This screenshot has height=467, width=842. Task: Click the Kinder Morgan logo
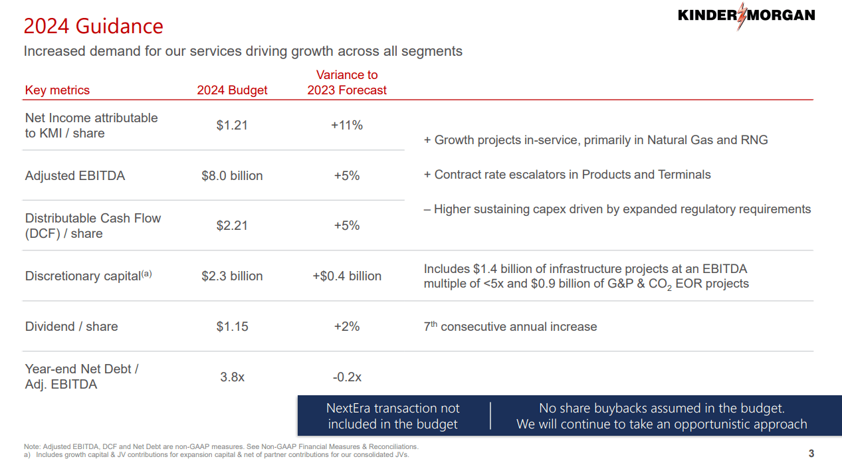[x=746, y=16]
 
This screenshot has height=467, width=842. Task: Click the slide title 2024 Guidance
[x=93, y=26]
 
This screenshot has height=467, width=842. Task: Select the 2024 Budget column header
[x=232, y=90]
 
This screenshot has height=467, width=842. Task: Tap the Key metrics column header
[x=57, y=90]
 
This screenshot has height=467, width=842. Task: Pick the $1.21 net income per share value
[x=232, y=125]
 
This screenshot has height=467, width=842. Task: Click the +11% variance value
[x=346, y=125]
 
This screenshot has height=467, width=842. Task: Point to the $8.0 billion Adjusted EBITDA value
[x=232, y=175]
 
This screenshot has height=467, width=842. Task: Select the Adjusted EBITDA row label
[x=75, y=175]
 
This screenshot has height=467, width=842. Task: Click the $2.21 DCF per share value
[x=232, y=226]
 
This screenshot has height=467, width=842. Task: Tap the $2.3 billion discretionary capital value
[x=232, y=276]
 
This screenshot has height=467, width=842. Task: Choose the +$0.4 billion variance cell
[x=346, y=276]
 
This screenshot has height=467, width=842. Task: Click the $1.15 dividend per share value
[x=232, y=326]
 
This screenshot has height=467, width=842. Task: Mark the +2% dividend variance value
[x=346, y=326]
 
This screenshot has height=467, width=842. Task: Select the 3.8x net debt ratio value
[x=232, y=377]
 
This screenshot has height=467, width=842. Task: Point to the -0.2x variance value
[x=346, y=377]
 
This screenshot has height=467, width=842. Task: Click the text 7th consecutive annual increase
[x=510, y=326]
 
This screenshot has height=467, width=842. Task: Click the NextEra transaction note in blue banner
[x=393, y=416]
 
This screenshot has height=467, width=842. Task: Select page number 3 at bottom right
[x=811, y=454]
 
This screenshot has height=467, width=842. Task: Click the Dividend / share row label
[x=71, y=326]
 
